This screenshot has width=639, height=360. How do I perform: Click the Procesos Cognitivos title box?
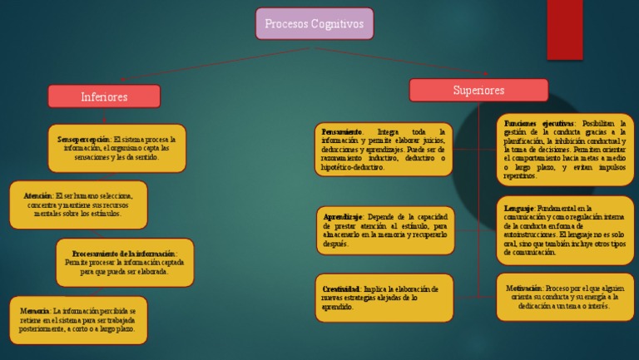315,24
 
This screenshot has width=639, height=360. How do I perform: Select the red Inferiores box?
104,96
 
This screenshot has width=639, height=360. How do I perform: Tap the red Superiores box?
478,90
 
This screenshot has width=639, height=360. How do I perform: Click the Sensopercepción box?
116,148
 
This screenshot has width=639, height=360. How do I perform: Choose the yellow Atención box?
78,205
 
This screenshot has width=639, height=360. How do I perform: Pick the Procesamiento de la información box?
125,262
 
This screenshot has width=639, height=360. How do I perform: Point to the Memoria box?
78,319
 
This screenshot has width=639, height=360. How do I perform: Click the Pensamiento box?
384,150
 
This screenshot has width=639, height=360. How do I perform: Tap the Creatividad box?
384,298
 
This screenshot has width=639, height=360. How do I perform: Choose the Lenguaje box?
565,230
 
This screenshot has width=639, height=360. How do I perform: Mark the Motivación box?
565,297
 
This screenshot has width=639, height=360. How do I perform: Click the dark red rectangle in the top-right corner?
564,30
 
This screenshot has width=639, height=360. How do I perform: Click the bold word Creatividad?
341,288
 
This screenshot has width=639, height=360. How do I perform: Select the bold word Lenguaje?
519,208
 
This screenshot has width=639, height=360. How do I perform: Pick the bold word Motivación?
524,288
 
